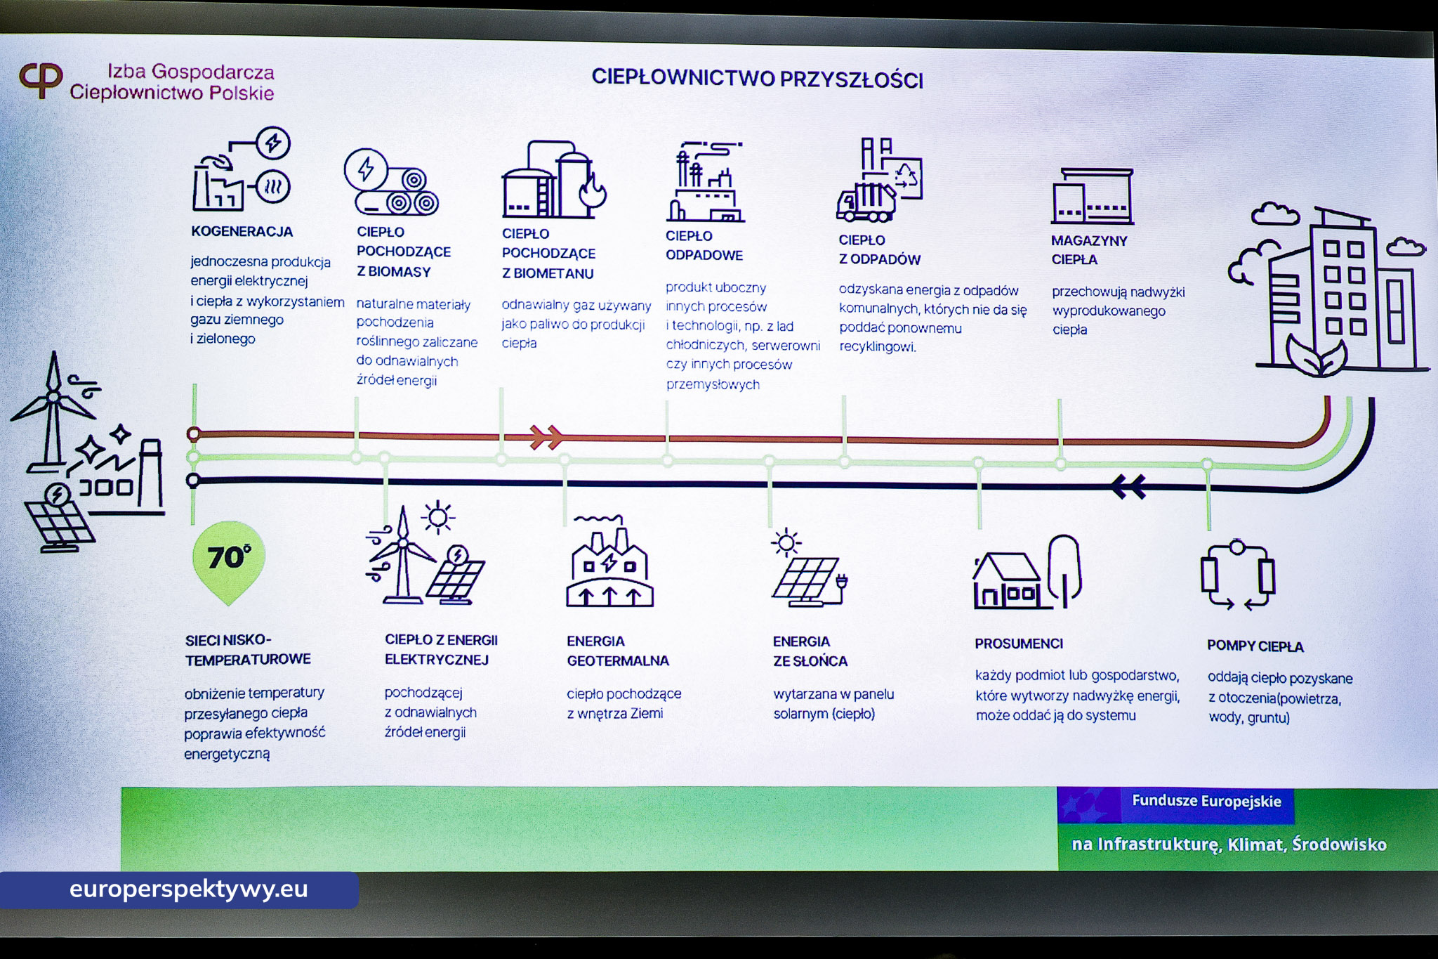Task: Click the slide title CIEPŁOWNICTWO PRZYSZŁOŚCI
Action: click(x=757, y=78)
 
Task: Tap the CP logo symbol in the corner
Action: click(x=41, y=79)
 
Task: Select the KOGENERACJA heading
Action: click(x=242, y=232)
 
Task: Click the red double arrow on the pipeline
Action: click(x=546, y=436)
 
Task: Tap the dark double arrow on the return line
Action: click(x=1128, y=486)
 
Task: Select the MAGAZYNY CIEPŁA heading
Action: click(x=1088, y=250)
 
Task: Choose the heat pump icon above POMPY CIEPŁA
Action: click(x=1237, y=575)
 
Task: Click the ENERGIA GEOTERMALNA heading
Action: click(x=617, y=651)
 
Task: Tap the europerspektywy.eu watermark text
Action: click(x=188, y=889)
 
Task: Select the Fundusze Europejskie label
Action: click(x=1206, y=802)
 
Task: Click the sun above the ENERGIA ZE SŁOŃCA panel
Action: click(x=786, y=542)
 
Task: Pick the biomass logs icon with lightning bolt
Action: click(x=391, y=183)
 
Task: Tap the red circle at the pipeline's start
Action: click(x=194, y=434)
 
